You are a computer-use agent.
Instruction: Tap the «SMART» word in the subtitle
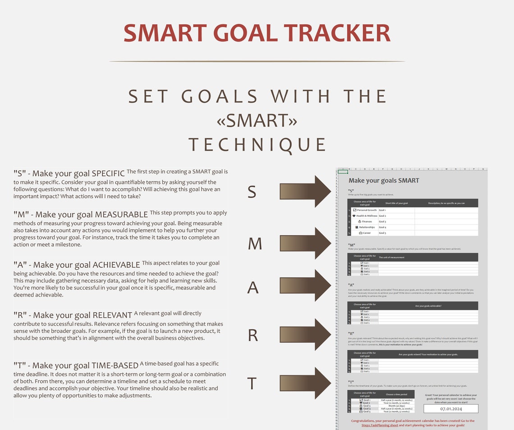click(257, 120)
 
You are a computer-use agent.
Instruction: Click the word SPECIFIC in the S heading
click(108, 174)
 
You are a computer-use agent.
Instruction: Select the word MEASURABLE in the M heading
click(121, 214)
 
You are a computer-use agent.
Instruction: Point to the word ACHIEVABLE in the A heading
click(116, 265)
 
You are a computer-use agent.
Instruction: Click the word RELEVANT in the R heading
click(112, 315)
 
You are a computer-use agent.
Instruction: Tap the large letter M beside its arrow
click(255, 244)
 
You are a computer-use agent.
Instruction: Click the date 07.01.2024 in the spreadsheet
click(450, 409)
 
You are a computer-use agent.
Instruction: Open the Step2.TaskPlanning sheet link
click(380, 425)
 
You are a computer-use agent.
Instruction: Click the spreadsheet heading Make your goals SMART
click(384, 180)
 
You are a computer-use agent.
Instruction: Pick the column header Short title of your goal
click(396, 203)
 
